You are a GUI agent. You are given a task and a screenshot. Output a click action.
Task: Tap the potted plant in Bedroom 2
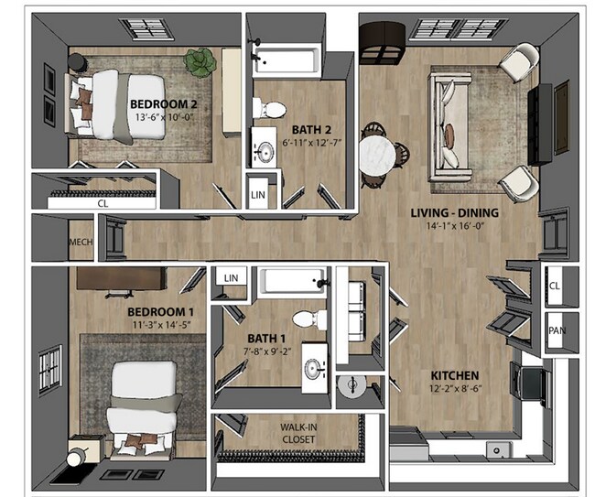click(198, 62)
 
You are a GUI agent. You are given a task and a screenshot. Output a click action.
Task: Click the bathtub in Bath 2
click(284, 62)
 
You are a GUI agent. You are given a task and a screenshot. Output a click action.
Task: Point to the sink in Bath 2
click(265, 150)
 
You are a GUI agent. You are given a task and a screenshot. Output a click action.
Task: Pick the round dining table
click(376, 153)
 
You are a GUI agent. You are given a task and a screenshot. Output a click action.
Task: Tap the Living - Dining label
click(454, 213)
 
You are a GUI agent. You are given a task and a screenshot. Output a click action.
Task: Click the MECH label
click(80, 243)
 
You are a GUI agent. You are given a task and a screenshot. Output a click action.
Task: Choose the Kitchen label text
click(455, 375)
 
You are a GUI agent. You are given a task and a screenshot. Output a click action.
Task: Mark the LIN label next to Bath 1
click(231, 277)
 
